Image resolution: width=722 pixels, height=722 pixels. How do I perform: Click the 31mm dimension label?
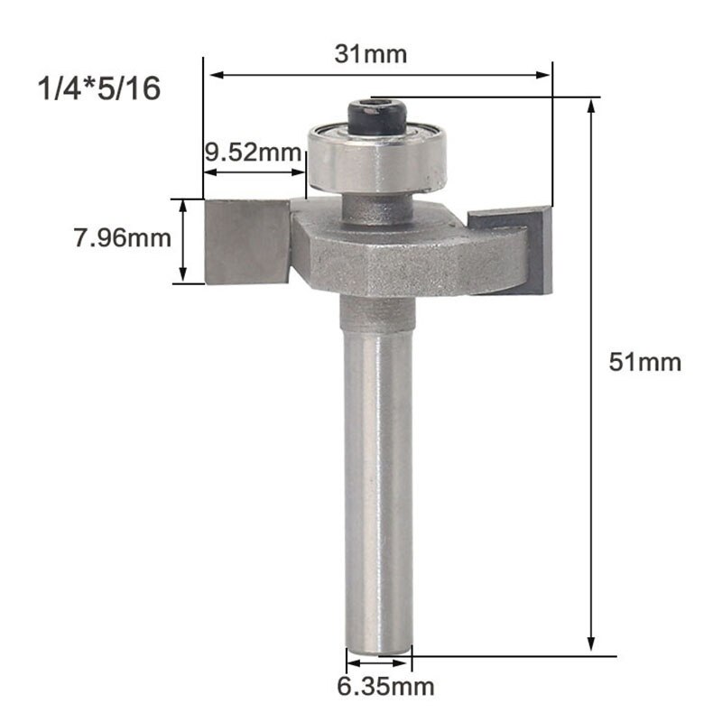[x=371, y=55]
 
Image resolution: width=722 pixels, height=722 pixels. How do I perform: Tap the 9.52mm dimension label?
[x=252, y=151]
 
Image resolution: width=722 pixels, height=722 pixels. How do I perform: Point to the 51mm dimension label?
[x=644, y=363]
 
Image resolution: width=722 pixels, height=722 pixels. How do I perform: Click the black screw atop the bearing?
[x=376, y=116]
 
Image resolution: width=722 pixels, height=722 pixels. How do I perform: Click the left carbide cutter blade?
[x=245, y=241]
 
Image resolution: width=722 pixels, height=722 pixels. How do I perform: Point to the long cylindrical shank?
[x=379, y=487]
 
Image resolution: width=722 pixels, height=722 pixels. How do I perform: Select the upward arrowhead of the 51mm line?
[x=592, y=106]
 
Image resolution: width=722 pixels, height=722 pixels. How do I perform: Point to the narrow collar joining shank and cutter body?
[x=376, y=313]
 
